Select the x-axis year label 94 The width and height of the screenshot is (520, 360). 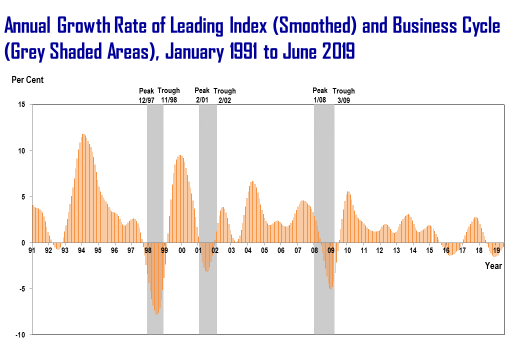[x=81, y=250]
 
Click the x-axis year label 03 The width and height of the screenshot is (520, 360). [x=231, y=250]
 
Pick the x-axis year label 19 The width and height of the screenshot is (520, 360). [x=497, y=250]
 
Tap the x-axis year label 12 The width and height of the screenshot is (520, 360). [x=380, y=250]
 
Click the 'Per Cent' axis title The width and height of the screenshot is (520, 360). [x=27, y=80]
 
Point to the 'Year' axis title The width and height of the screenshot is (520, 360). [x=493, y=266]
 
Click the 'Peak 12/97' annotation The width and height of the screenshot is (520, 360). [x=147, y=95]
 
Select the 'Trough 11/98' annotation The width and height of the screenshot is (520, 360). [x=169, y=95]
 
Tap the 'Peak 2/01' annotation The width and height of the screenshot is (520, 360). [x=202, y=95]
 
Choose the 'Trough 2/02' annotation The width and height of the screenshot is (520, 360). [x=224, y=95]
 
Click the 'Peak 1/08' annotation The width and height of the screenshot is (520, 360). [x=320, y=95]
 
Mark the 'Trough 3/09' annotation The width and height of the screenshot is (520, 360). [x=343, y=95]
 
